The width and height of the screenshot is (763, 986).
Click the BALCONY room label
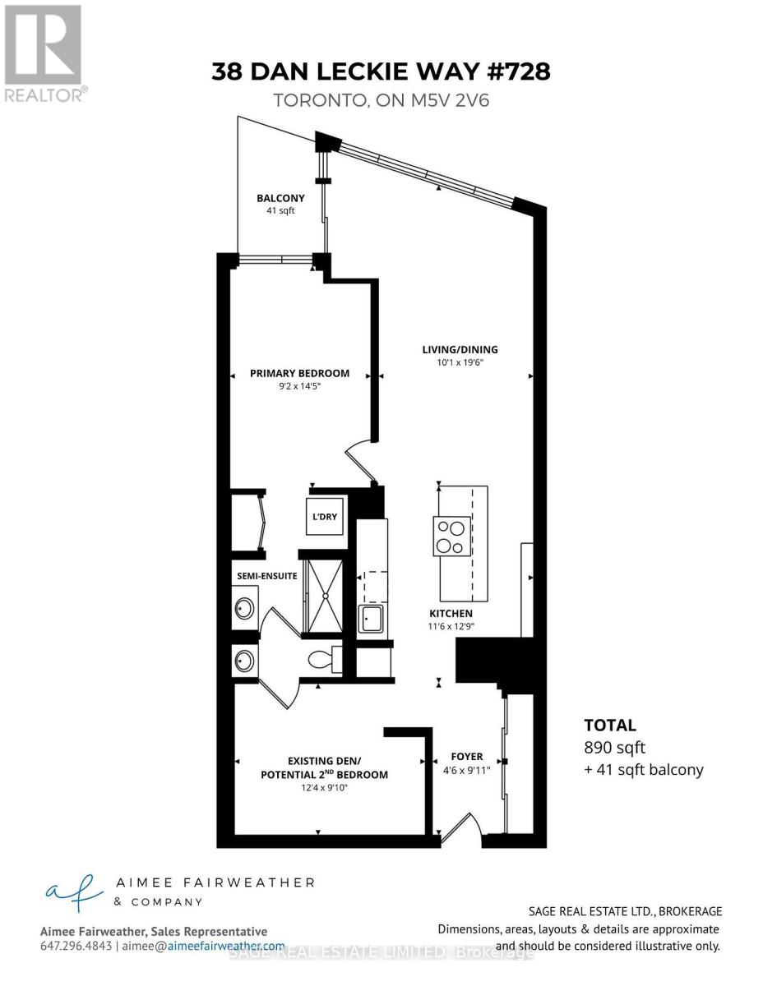(280, 198)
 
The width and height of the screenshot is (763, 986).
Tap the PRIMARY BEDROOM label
(299, 373)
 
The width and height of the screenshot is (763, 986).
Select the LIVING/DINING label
(460, 349)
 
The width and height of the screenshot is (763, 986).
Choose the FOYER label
(467, 757)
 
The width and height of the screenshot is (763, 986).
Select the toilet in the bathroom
(322, 658)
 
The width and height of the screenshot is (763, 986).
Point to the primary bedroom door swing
(360, 460)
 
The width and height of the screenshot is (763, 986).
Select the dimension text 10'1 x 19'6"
(460, 362)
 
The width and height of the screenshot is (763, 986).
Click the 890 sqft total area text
(614, 748)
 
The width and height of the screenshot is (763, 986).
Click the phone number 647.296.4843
(76, 947)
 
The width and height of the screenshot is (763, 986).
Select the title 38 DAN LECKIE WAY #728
(381, 71)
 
